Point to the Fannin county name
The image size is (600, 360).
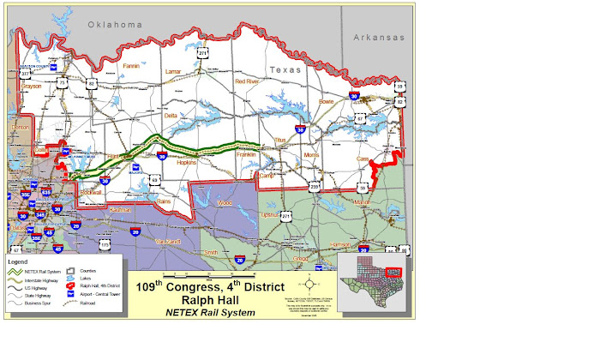point(131,65)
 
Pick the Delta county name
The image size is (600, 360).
point(171,115)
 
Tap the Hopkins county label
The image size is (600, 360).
point(186,160)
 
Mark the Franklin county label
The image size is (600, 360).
point(258,154)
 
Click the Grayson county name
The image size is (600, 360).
point(31,87)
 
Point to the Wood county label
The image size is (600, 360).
point(225,203)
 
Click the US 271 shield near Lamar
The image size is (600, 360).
point(202,52)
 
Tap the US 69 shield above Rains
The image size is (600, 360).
point(154,179)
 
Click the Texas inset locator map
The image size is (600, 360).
point(370,284)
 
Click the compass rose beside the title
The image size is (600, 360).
point(309,284)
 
